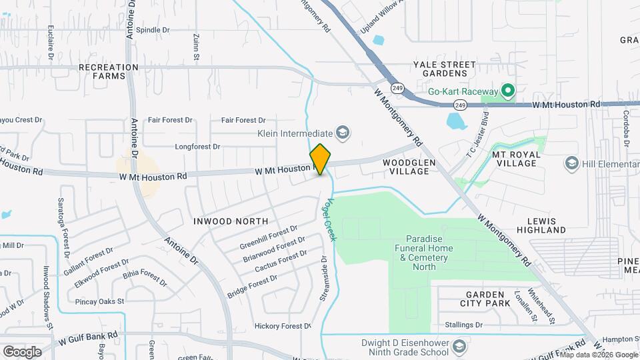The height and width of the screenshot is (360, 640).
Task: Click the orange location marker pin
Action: pos(320,159)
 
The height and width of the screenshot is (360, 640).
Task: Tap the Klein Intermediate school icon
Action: pos(343,133)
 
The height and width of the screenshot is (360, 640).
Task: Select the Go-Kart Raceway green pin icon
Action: pos(507,91)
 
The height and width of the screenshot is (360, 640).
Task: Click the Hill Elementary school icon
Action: pos(571,163)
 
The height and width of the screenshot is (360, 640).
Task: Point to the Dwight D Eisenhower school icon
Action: pos(459,346)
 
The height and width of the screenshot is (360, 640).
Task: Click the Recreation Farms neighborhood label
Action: pos(108,71)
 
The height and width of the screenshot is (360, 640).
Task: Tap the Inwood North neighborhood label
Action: pos(231,221)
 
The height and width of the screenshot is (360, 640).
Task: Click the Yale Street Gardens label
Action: pos(445,69)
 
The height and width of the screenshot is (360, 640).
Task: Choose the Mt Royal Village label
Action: pos(519,159)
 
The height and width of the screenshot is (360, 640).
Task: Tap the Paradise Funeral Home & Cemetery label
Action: pos(429,253)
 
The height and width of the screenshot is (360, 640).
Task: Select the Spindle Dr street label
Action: pos(153,30)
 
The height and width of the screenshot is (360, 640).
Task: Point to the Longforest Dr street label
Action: pos(197,146)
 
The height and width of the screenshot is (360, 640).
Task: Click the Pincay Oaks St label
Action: pos(102,301)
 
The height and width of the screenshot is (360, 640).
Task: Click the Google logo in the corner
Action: pos(22,351)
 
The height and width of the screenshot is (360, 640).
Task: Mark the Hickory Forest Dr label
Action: pos(283,326)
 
